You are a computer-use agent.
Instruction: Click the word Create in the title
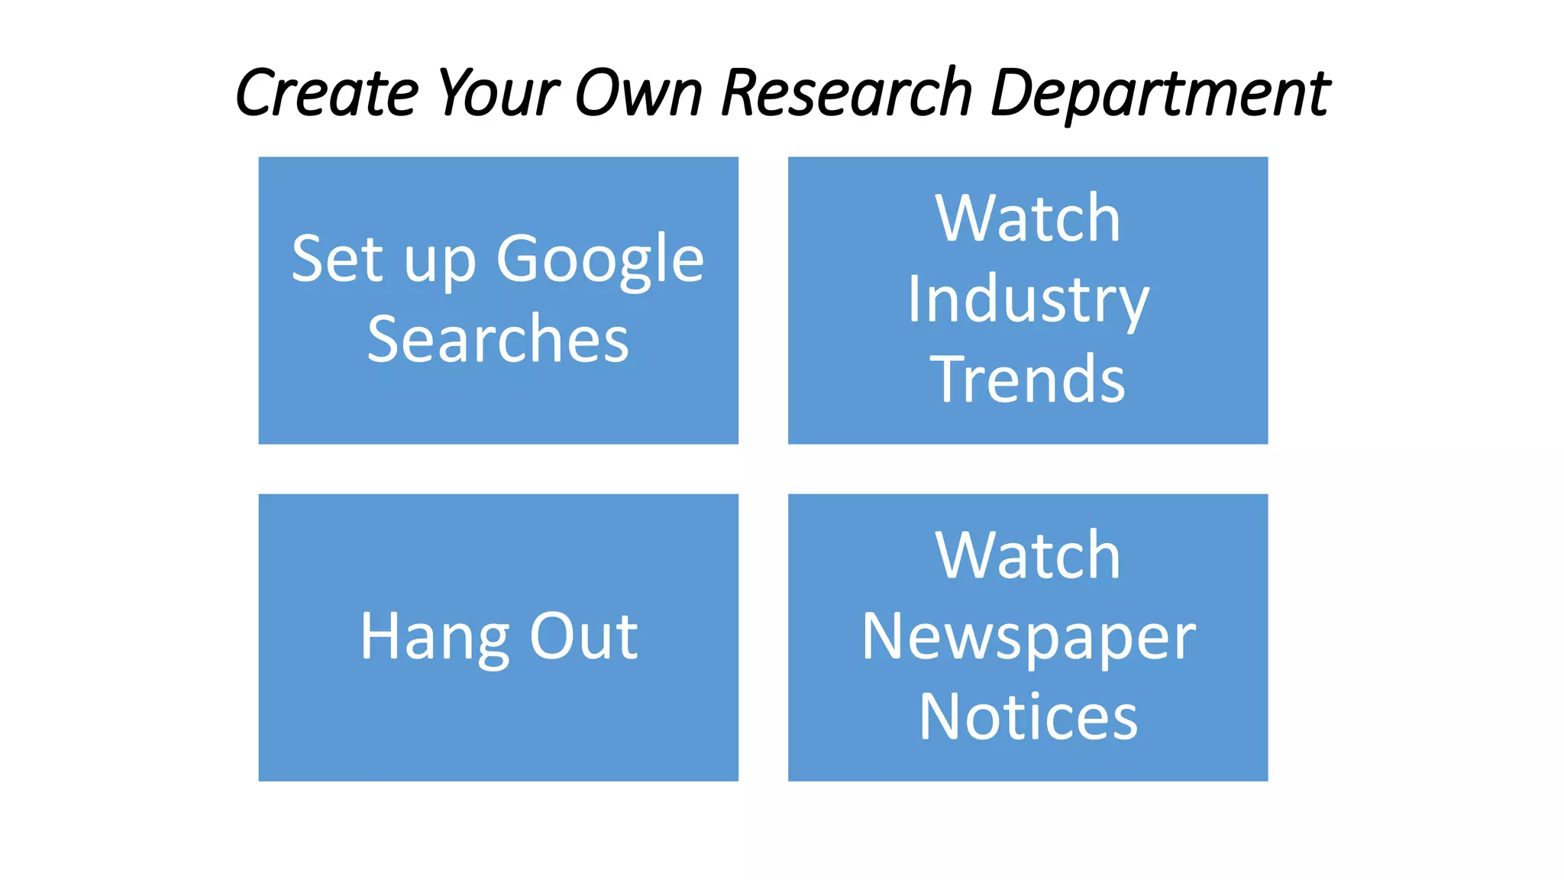(x=328, y=93)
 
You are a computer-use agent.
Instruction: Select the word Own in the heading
(x=638, y=93)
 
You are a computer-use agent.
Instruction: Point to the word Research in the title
(x=846, y=93)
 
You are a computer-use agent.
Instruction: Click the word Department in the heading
(x=1160, y=93)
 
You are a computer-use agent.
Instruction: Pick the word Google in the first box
(x=600, y=260)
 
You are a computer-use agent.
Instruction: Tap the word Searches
(x=498, y=339)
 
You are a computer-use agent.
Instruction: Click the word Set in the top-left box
(x=338, y=260)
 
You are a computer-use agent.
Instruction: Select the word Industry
(x=1028, y=299)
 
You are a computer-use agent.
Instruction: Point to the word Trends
(x=1028, y=379)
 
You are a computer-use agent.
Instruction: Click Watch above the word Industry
(x=1028, y=219)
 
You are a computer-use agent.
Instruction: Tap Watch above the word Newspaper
(x=1028, y=556)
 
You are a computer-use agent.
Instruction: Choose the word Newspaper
(x=1028, y=637)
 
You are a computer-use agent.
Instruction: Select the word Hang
(x=435, y=637)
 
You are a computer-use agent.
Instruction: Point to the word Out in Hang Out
(x=584, y=637)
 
